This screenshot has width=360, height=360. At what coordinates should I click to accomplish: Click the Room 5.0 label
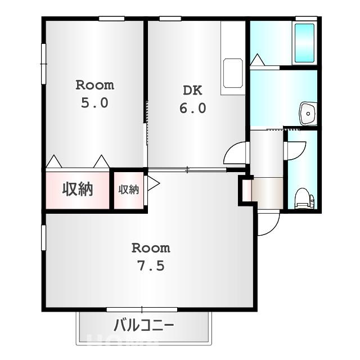tap(95, 94)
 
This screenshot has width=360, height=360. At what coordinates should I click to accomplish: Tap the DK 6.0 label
tap(192, 99)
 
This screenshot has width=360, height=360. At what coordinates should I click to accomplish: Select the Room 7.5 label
tap(151, 256)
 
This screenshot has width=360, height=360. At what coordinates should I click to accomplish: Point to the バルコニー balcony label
tap(144, 325)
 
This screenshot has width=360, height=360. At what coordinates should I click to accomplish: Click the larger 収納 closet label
tap(77, 190)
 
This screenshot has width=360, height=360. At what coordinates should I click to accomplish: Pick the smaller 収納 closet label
tap(128, 190)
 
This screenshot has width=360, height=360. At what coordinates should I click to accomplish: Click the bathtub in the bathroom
tap(304, 43)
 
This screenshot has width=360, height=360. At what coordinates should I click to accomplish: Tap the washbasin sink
tap(308, 114)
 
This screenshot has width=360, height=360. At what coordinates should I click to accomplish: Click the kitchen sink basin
tap(232, 73)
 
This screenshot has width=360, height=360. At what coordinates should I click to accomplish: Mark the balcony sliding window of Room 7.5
tap(142, 309)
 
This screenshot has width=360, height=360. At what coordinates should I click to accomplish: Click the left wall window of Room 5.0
tap(43, 64)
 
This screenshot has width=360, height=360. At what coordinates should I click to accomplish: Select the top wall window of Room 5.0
tap(111, 19)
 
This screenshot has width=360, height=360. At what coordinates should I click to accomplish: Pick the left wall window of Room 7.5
tap(43, 237)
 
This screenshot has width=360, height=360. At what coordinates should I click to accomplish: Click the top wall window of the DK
tap(170, 19)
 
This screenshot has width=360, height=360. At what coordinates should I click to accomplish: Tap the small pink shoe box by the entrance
tap(245, 190)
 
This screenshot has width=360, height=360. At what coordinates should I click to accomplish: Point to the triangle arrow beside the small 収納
tap(152, 183)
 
